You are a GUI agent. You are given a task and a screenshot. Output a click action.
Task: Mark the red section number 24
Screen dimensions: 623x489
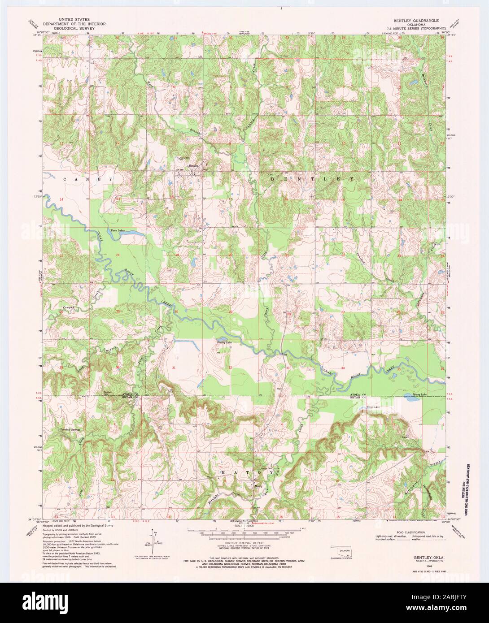(x=118, y=255)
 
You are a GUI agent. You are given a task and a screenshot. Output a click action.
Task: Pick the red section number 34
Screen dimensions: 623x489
(x=343, y=368)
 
